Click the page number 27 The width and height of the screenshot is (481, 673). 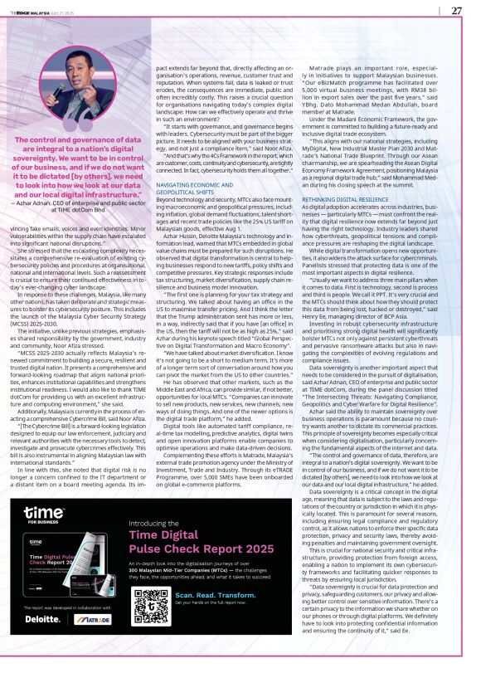coord(456,10)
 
